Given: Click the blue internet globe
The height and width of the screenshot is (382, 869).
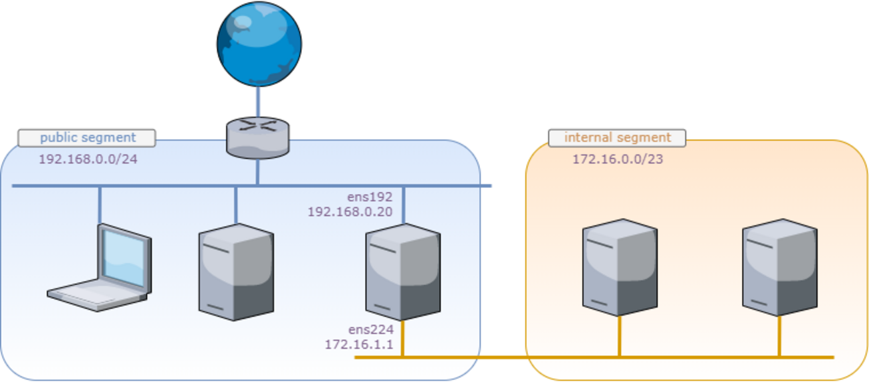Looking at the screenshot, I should (x=259, y=43).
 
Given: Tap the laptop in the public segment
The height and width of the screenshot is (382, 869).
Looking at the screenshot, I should (x=100, y=268).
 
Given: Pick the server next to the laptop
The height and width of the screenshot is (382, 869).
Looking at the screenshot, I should (x=236, y=272).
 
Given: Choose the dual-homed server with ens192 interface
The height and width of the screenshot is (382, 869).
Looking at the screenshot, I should (x=402, y=272).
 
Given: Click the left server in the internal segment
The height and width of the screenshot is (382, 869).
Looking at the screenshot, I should (x=620, y=267).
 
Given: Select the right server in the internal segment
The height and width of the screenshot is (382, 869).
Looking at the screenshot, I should (x=779, y=267).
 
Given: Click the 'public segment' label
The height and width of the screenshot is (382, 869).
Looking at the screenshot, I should (x=87, y=138).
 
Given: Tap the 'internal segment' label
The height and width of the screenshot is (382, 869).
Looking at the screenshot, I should (x=617, y=138).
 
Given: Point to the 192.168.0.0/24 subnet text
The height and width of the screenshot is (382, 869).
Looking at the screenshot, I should (x=88, y=159).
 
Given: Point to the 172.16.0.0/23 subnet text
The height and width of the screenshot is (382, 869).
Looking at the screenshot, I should (x=617, y=159).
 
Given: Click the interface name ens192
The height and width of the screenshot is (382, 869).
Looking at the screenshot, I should (x=370, y=197).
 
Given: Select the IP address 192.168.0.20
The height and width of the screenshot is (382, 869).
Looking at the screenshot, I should (x=350, y=212).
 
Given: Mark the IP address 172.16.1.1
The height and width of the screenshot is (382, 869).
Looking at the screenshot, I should (x=359, y=345).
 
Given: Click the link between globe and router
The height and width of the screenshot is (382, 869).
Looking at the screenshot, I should (x=258, y=102).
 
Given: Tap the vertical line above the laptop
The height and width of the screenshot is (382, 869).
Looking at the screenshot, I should (x=100, y=205).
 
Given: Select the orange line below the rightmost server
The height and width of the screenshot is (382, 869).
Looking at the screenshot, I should (x=779, y=336).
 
